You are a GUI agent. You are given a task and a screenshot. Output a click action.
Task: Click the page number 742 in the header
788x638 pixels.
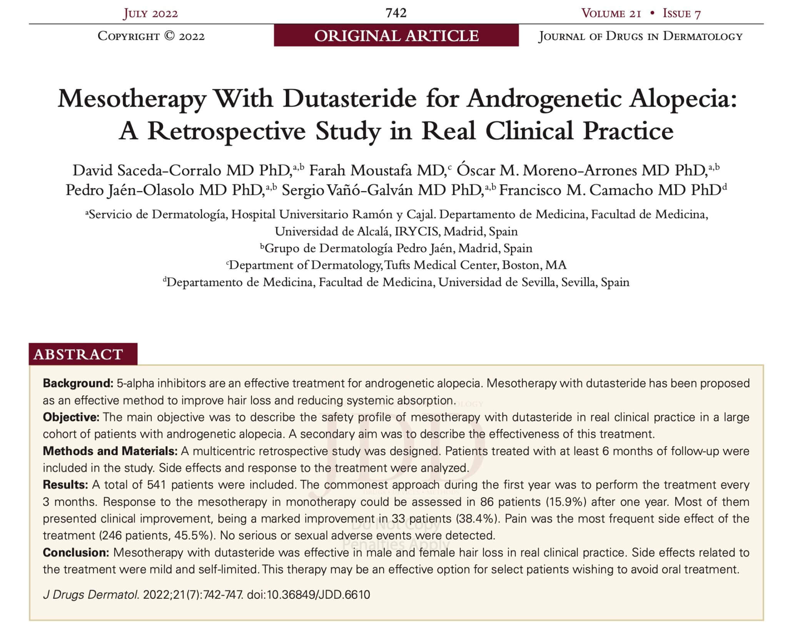coord(396,13)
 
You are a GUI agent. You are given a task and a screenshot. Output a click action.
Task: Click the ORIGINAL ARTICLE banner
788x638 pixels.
coord(396,36)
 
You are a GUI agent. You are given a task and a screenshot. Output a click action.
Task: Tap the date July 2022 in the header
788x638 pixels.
coord(150,13)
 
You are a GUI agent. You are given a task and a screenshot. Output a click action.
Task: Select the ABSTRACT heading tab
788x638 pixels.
coord(78,354)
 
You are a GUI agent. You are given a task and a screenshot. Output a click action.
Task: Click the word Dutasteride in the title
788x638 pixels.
coord(349,99)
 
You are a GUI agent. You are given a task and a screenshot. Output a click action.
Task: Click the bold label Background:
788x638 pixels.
coord(78,383)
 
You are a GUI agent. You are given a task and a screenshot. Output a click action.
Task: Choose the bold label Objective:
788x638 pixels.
coord(71,417)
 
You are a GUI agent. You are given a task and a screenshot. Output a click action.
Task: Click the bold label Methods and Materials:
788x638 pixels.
coord(110,451)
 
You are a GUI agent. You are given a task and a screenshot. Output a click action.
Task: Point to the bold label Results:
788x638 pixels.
coord(65,485)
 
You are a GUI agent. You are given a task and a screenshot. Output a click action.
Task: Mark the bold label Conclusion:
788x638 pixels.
coord(76,553)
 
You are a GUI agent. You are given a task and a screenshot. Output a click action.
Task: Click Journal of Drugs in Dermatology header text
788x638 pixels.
coord(640,36)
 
